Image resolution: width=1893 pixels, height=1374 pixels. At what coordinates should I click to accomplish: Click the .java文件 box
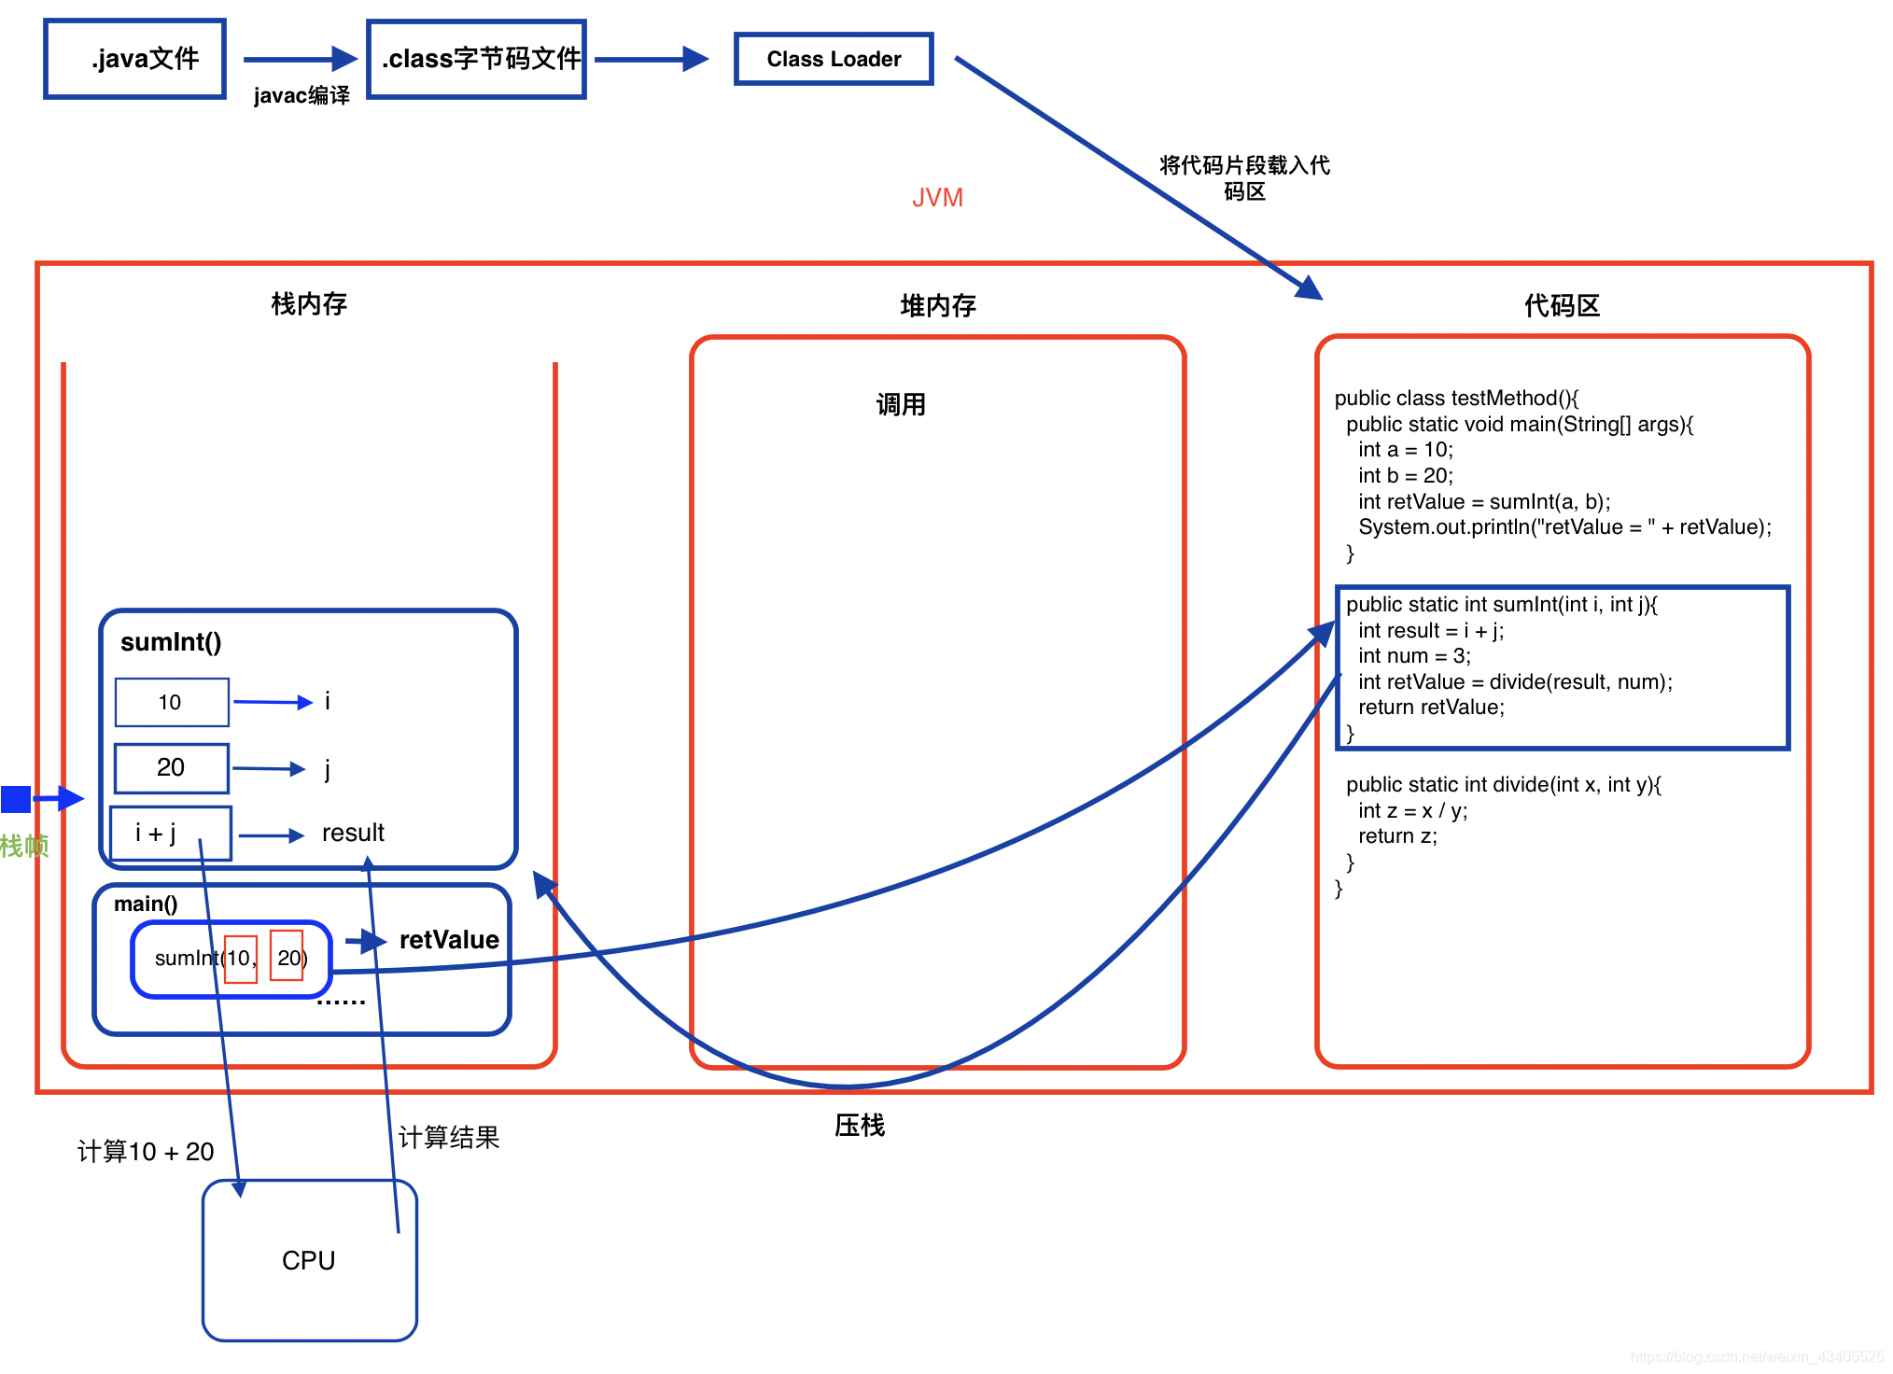click(135, 59)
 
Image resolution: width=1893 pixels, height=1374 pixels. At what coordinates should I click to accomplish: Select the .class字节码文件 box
click(477, 59)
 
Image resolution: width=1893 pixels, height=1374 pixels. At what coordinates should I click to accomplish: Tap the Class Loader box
click(834, 59)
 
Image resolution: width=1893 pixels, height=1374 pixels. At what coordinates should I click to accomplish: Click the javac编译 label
click(301, 95)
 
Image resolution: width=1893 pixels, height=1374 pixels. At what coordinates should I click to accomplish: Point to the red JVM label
click(937, 198)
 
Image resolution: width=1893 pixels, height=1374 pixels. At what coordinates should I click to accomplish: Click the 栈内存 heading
click(309, 303)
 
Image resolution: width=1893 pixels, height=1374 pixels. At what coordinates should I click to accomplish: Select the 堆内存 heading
click(938, 305)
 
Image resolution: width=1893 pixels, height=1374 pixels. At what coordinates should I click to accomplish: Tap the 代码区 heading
click(1562, 305)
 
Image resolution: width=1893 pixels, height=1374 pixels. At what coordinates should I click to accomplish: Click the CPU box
click(310, 1260)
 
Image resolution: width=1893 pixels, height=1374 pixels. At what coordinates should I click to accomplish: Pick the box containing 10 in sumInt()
click(172, 702)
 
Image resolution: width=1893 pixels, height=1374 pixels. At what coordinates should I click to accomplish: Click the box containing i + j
click(171, 833)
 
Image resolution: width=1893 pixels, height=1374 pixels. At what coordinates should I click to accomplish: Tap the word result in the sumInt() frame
click(353, 833)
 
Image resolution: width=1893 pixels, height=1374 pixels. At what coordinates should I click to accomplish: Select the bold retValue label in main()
click(449, 940)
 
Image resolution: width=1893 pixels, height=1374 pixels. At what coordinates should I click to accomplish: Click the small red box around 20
click(287, 955)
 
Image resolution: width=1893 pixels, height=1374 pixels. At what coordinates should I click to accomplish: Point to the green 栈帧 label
click(24, 847)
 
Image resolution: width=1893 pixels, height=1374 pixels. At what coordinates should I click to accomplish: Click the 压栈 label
click(860, 1126)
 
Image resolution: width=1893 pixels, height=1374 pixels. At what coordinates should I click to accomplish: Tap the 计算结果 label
click(449, 1137)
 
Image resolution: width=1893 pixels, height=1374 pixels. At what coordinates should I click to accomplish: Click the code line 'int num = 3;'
click(1414, 656)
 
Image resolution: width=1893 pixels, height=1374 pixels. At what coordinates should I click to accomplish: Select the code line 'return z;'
click(1397, 836)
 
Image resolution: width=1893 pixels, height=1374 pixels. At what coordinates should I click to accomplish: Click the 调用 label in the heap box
click(901, 404)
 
